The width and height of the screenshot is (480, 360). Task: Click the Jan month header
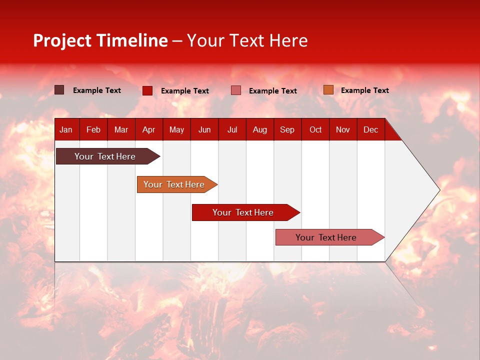click(66, 129)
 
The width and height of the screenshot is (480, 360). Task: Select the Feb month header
click(93, 129)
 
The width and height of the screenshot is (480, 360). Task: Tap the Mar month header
click(121, 129)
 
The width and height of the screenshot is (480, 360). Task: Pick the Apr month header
click(148, 129)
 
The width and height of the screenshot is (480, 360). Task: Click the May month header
click(176, 129)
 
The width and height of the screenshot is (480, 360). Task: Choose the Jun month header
click(204, 129)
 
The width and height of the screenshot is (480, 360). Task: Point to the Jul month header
click(232, 129)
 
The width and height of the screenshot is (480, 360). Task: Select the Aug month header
click(260, 129)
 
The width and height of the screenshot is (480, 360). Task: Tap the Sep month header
click(287, 129)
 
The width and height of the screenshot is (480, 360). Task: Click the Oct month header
click(315, 129)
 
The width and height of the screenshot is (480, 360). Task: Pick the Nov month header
click(343, 129)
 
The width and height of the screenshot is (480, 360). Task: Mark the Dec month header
click(371, 129)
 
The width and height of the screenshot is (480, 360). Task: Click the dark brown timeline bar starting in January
click(105, 156)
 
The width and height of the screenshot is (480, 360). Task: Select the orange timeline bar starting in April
click(174, 184)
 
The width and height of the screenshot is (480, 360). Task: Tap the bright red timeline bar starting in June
click(243, 212)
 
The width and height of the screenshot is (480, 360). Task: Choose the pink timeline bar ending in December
click(326, 237)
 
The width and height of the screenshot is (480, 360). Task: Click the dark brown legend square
click(59, 90)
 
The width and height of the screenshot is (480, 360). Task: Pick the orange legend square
click(328, 90)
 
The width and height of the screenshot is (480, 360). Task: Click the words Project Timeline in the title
click(100, 40)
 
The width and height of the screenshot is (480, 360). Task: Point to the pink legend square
click(236, 90)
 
